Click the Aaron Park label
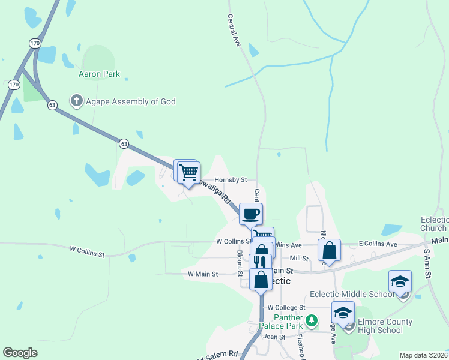pos(99,74)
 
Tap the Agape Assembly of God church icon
pos(76,101)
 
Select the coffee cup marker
pos(250,213)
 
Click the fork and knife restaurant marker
pos(260,263)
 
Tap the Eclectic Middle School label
pos(352,294)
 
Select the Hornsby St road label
pos(231,179)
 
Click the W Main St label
pos(202,274)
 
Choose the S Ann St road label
pos(427,264)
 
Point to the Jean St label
pos(274,337)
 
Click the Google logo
pos(20,352)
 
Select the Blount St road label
pos(240,263)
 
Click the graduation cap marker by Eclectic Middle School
pos(400,281)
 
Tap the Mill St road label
pos(298,258)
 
